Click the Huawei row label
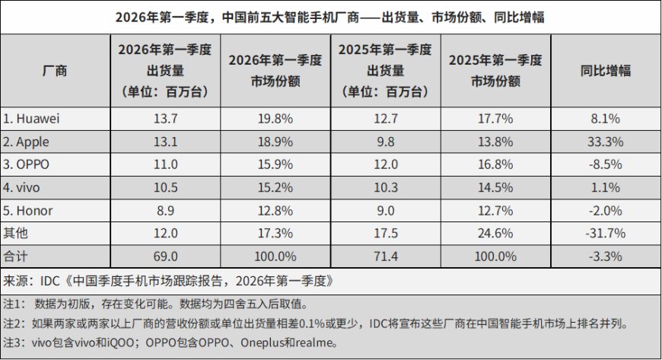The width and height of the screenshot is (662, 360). click(32, 119)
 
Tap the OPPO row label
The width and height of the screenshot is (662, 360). click(27, 164)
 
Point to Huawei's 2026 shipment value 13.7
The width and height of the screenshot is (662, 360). click(165, 119)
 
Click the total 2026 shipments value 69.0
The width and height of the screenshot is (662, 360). click(165, 256)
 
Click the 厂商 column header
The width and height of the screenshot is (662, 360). click(55, 72)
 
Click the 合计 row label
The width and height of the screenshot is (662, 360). click(15, 256)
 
